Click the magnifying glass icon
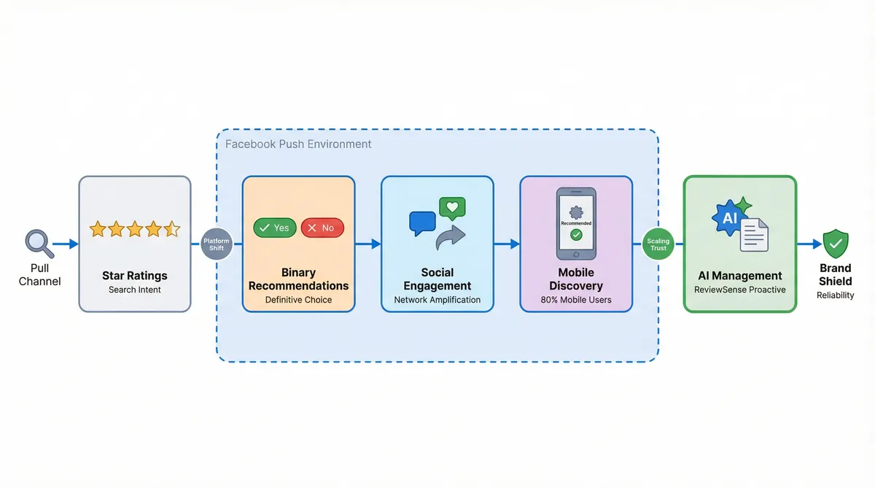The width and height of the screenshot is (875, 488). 38,243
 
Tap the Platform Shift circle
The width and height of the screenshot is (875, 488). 217,244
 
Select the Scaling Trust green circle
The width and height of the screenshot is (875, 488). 658,244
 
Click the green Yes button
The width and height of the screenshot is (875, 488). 275,228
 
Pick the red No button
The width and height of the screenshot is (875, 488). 322,228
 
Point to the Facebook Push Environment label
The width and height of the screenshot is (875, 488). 298,144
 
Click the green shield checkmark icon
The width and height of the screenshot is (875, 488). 835,243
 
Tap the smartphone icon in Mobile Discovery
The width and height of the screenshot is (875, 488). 576,223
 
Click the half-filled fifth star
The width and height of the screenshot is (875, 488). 171,229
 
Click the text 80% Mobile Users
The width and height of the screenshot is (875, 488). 576,300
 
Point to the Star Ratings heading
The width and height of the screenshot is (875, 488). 135,276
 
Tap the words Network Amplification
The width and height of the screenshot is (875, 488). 437,300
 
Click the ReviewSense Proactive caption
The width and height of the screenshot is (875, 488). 740,290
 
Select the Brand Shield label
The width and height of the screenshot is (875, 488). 835,275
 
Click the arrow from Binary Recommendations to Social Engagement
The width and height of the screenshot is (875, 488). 368,244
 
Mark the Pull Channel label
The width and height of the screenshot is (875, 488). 40,275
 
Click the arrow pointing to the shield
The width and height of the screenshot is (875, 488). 809,244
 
